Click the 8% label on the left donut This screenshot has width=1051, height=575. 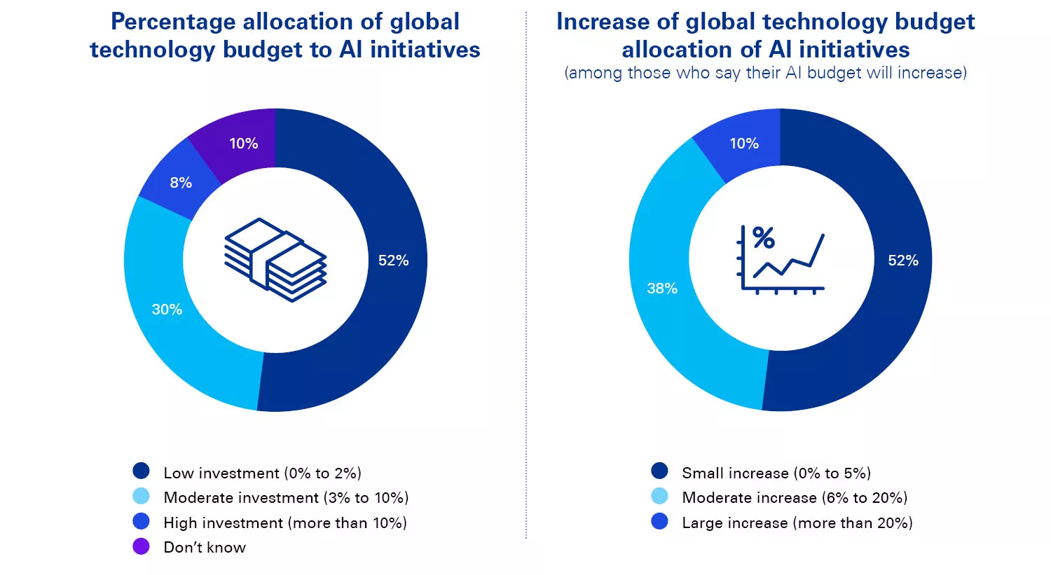click(x=181, y=183)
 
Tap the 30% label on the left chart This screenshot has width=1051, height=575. click(x=167, y=310)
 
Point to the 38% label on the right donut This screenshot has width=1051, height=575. click(x=662, y=289)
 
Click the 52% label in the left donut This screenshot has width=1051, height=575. click(x=393, y=261)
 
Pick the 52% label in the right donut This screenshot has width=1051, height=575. click(x=902, y=261)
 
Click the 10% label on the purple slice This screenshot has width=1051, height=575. click(x=244, y=144)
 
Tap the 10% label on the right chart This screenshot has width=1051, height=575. click(x=744, y=144)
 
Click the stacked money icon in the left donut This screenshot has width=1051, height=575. click(x=275, y=260)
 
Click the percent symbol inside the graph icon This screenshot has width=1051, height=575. click(x=764, y=238)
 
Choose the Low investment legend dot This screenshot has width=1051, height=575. click(x=141, y=471)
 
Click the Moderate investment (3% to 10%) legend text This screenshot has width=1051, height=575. click(x=286, y=498)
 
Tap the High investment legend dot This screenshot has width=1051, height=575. click(x=141, y=522)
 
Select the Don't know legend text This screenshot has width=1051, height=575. click(x=205, y=548)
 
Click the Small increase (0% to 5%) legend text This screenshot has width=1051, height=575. click(x=776, y=473)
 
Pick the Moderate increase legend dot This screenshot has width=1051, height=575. click(x=659, y=497)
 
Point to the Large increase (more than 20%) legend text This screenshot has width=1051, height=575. click(x=797, y=523)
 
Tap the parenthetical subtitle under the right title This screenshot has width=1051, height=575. click(x=765, y=73)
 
